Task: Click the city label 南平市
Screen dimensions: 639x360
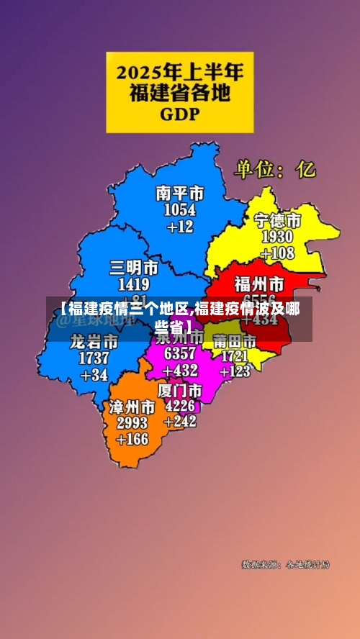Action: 180,194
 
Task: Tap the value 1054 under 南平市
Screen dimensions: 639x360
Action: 180,210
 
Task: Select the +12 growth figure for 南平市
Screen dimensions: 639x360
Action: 180,227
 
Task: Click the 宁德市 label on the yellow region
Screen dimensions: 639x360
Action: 277,220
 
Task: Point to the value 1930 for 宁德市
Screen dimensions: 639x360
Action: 277,237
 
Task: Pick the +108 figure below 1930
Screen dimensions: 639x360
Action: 277,253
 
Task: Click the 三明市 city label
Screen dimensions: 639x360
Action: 134,268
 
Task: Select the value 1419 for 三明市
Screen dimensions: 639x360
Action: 134,284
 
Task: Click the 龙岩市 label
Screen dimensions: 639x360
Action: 94,341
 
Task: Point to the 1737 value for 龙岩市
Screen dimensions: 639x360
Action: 94,358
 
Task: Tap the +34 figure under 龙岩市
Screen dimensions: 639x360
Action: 94,375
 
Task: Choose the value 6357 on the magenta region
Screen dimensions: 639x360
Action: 180,353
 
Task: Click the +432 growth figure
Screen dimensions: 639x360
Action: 180,371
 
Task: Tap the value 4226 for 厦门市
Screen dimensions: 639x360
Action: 180,405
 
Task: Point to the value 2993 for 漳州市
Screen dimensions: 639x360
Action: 132,423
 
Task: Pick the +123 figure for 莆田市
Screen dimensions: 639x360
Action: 235,371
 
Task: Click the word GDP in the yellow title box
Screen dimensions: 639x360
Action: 179,113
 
